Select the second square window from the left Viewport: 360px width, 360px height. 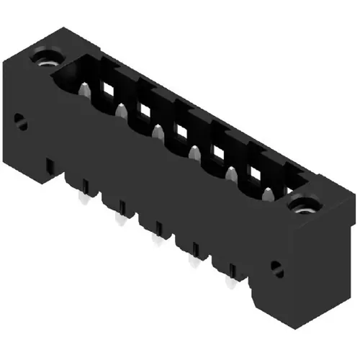coord(145,110)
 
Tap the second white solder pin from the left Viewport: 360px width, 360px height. coord(118,218)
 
